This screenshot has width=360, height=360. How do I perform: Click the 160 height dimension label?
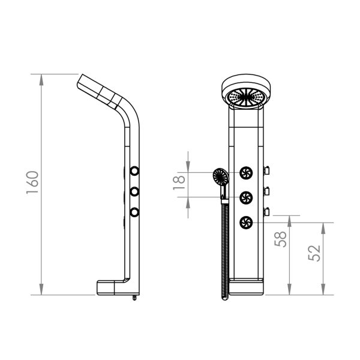pyautogui.click(x=32, y=182)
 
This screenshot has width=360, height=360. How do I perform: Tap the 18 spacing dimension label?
pyautogui.click(x=179, y=183)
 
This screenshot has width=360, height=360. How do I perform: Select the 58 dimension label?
pyautogui.click(x=281, y=239)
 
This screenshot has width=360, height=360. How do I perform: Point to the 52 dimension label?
pyautogui.click(x=314, y=253)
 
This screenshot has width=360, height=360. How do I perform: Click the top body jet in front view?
pyautogui.click(x=246, y=173)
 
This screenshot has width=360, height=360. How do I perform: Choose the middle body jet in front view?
pyautogui.click(x=246, y=197)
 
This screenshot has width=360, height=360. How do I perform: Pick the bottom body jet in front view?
pyautogui.click(x=246, y=223)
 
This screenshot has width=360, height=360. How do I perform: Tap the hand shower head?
pyautogui.click(x=220, y=177)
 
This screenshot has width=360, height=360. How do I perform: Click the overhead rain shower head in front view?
pyautogui.click(x=246, y=92)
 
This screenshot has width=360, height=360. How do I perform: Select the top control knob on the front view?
pyautogui.click(x=266, y=170)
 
